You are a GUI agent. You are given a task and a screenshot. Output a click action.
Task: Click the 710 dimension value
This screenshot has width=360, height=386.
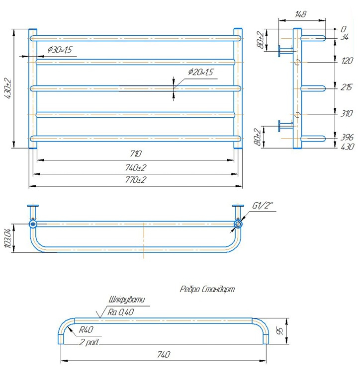(136, 154)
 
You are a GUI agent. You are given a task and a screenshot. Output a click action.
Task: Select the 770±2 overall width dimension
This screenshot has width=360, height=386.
(136, 180)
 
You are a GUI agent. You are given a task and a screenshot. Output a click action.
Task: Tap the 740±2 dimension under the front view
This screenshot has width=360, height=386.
(136, 168)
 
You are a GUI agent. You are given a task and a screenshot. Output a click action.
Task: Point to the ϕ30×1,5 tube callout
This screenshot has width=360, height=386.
(60, 50)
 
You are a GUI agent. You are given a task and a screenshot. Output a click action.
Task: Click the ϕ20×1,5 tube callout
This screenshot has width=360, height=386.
(200, 72)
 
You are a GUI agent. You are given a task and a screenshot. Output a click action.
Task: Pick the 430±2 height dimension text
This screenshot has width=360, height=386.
(8, 88)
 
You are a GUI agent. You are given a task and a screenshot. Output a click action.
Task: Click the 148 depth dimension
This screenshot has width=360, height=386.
(300, 14)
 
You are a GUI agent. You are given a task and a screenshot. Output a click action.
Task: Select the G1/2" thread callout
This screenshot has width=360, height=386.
(263, 205)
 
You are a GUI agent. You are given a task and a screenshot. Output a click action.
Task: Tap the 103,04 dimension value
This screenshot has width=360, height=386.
(8, 238)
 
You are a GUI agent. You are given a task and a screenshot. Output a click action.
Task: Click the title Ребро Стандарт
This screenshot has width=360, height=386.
(207, 289)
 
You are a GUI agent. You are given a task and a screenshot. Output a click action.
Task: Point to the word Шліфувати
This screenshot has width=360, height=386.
(127, 300)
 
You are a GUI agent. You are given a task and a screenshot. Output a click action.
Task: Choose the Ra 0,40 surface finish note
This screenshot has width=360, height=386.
(120, 312)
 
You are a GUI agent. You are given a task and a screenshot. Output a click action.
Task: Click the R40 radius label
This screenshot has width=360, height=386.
(86, 330)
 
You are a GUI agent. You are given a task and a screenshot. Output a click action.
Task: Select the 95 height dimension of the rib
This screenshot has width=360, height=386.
(280, 331)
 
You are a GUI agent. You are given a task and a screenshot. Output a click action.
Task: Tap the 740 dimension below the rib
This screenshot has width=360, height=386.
(164, 355)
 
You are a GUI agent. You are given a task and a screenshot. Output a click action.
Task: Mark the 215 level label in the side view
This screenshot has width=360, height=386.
(347, 87)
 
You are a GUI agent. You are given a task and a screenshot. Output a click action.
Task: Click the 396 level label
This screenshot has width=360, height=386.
(347, 137)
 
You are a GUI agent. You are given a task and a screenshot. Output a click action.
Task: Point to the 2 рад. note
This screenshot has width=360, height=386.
(89, 342)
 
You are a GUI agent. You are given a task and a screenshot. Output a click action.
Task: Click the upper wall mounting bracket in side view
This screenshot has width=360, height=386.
(285, 51)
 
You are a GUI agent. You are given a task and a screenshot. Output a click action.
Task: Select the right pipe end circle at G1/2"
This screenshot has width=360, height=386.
(238, 224)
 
